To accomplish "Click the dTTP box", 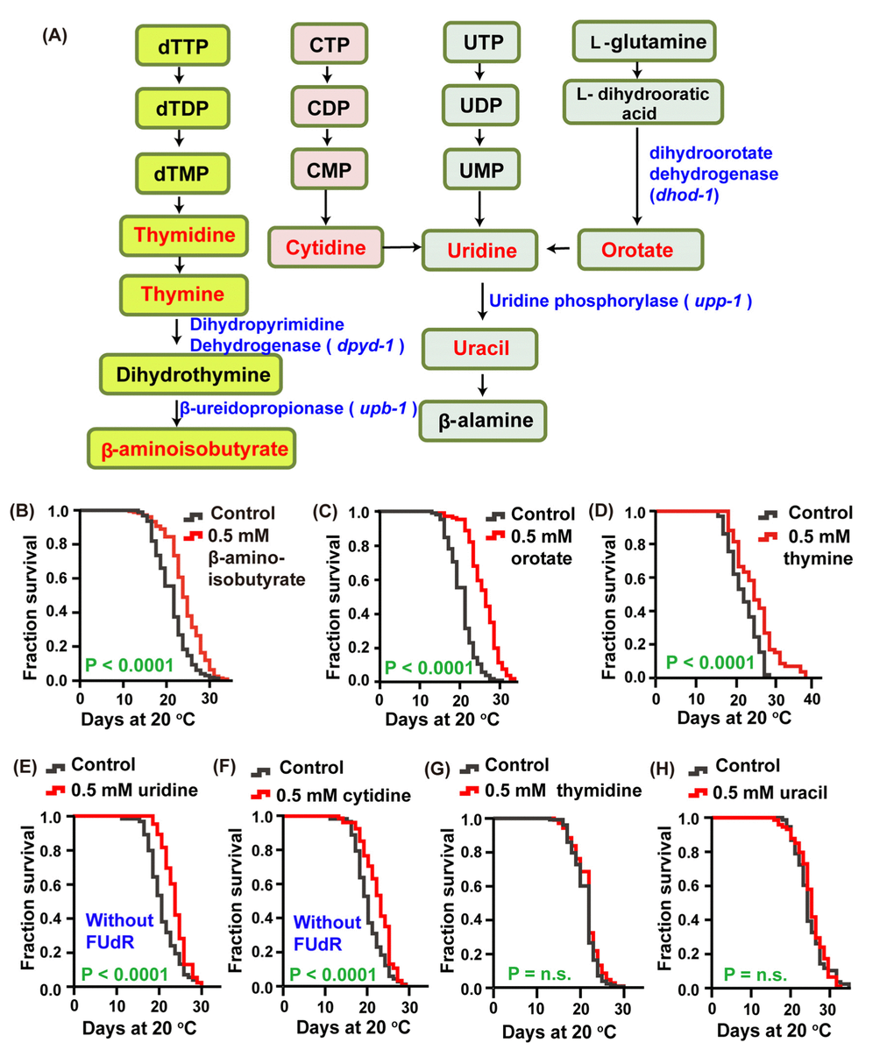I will pos(183,46).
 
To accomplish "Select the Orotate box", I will pos(639,250).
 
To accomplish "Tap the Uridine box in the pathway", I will pos(482,251).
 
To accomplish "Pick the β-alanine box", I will pos(485,421).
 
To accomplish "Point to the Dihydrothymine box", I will pos(194,375).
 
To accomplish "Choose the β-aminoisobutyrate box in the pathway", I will pos(195,450).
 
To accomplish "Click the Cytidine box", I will pos(325,248).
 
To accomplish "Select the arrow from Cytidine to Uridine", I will pos(402,248).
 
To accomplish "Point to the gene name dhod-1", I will pos(683,195).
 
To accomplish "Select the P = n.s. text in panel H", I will pos(755,974).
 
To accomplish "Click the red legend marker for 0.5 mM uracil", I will pos(699,792).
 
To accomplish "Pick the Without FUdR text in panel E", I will pos(119,931).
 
